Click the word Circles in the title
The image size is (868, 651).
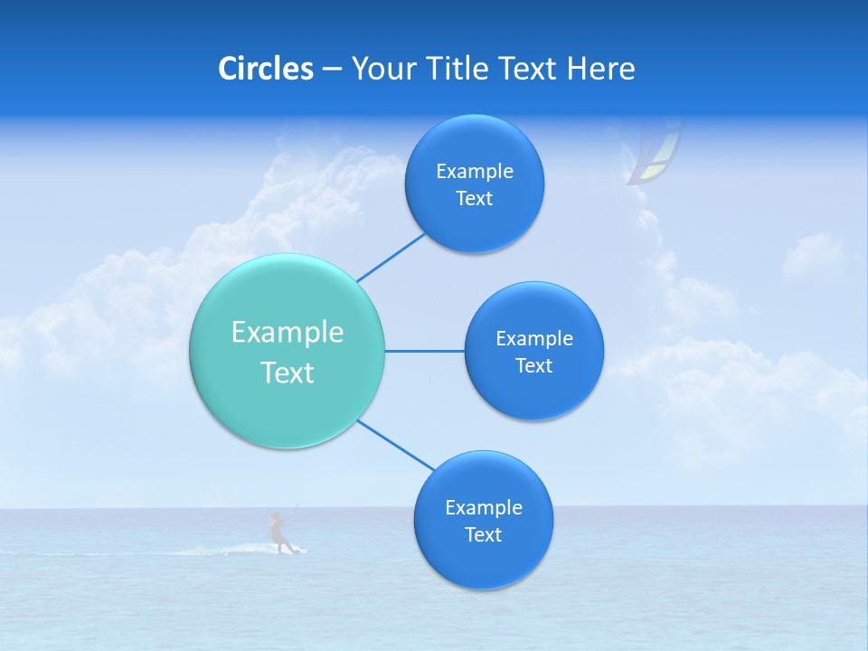click(265, 69)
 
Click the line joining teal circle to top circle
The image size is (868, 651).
click(391, 258)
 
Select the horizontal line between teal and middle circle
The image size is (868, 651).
click(424, 351)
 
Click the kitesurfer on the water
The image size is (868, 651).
click(279, 533)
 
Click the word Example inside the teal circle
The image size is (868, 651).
click(288, 333)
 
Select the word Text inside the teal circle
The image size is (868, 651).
click(288, 373)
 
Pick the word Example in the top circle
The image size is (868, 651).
click(475, 172)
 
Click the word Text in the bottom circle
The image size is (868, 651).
click(483, 535)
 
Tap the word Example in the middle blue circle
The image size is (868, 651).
click(534, 339)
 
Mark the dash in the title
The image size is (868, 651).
click(332, 69)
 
